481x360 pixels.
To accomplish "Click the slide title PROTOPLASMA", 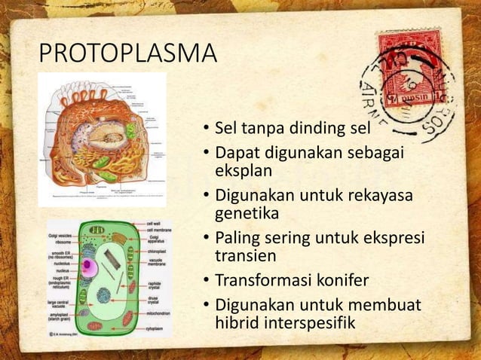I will point(127,55).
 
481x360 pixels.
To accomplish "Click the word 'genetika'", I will point(247,214).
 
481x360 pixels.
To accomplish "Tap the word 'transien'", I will point(246,256).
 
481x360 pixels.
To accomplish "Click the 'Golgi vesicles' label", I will point(62,236).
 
